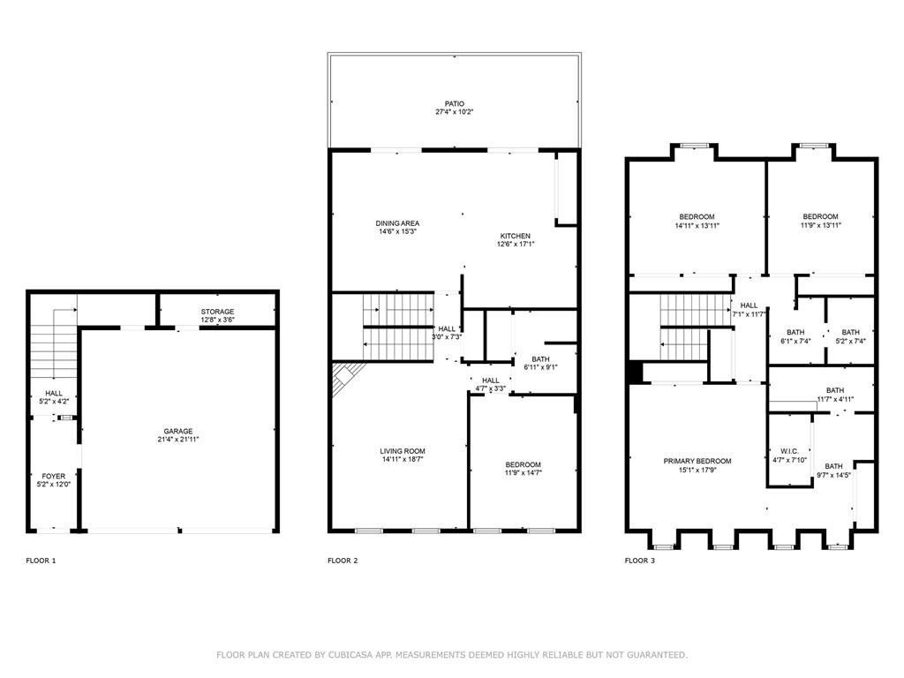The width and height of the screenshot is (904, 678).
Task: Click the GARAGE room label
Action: click(178, 431)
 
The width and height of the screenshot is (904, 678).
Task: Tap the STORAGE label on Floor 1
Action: click(217, 312)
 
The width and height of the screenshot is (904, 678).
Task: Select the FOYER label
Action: click(54, 476)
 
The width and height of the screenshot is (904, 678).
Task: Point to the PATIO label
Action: click(455, 104)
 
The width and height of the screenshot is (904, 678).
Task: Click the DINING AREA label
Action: click(398, 223)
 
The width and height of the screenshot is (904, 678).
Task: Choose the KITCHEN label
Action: click(516, 236)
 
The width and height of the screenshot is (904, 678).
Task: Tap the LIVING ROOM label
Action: click(403, 451)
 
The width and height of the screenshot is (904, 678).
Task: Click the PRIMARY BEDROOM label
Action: click(697, 461)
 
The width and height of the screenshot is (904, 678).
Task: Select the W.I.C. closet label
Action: click(789, 451)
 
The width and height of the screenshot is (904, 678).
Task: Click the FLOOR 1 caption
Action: click(41, 561)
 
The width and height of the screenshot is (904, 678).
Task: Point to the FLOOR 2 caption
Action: click(343, 561)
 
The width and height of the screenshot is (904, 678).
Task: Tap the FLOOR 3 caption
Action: click(640, 561)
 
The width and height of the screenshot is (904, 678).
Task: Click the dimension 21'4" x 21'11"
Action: click(178, 440)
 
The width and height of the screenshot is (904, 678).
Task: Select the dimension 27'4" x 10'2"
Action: click(455, 112)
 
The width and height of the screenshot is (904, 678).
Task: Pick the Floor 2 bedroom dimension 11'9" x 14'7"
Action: click(524, 473)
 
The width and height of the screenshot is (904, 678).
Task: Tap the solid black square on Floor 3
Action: click(636, 372)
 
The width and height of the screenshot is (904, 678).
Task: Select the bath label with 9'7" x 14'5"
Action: click(833, 466)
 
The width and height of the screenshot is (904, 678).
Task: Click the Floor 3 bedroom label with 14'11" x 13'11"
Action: click(697, 217)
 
